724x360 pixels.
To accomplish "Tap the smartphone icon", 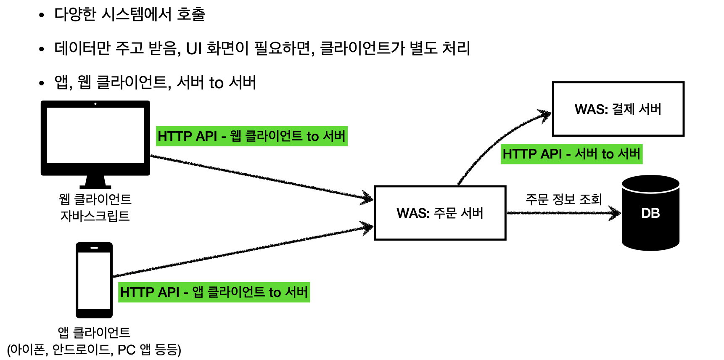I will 94,280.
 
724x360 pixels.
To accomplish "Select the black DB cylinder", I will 650,213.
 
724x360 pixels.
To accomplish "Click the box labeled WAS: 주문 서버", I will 440,213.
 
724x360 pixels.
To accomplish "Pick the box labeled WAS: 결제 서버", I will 618,109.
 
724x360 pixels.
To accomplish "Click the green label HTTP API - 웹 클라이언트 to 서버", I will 251,136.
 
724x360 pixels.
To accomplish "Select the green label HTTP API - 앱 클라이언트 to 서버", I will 214,292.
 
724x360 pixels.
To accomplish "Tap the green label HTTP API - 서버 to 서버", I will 571,154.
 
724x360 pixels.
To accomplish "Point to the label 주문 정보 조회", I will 564,199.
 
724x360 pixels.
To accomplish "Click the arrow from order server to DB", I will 563,213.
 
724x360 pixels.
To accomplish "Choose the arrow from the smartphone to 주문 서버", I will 244,251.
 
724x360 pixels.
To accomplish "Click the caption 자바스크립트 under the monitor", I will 95,216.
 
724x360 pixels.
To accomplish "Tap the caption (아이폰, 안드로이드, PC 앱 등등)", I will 94,349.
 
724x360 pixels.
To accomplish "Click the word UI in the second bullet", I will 194,49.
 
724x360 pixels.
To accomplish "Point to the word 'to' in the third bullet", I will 216,83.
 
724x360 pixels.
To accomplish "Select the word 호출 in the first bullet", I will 191,14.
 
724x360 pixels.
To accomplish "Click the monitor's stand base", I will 95,186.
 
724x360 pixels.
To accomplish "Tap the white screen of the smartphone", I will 94,281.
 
